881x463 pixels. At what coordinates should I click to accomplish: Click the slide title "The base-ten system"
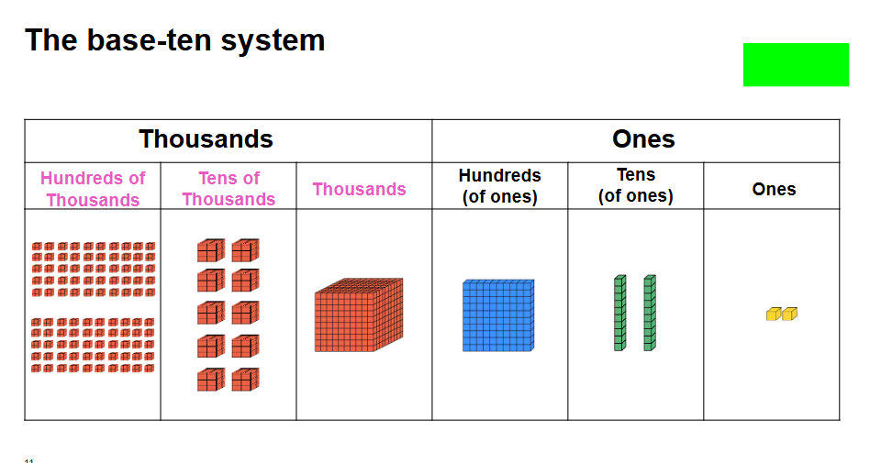[x=174, y=40]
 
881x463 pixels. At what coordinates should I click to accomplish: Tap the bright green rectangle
[x=796, y=64]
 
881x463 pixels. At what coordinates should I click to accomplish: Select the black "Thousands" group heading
[x=206, y=139]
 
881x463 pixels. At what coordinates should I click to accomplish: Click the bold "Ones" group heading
[x=643, y=139]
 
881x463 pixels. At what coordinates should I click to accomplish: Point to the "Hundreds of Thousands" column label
[x=93, y=189]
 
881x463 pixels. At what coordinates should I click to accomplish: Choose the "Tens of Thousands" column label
[x=229, y=189]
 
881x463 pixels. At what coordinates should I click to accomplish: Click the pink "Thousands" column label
[x=359, y=189]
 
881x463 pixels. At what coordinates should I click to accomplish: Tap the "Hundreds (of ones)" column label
[x=500, y=185]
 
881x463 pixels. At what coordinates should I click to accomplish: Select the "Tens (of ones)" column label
[x=635, y=185]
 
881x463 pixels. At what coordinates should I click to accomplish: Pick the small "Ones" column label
[x=774, y=189]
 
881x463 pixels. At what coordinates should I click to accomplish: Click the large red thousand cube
[x=358, y=315]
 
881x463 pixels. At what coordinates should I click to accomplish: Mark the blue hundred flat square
[x=497, y=316]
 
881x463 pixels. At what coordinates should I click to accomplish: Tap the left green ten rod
[x=619, y=313]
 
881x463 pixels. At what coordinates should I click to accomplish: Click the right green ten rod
[x=649, y=313]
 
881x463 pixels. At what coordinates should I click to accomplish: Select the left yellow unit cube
[x=773, y=314]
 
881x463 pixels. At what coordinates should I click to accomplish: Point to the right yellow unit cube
[x=789, y=314]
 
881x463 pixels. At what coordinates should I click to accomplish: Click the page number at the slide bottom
[x=29, y=459]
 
